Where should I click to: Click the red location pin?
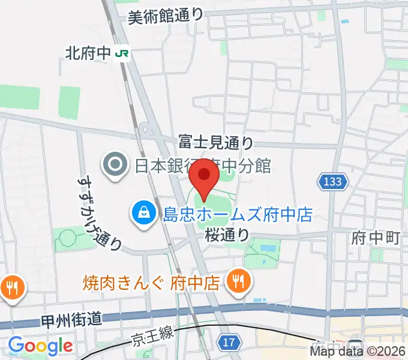204,176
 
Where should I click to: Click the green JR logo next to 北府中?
122,54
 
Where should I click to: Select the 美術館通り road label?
166,17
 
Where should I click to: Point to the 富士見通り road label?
216,142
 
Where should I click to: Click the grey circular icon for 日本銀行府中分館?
113,164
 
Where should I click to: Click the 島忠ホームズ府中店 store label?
238,214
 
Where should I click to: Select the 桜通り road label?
226,235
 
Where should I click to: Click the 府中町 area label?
376,238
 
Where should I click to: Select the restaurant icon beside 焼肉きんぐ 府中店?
238,282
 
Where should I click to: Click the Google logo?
40,346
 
